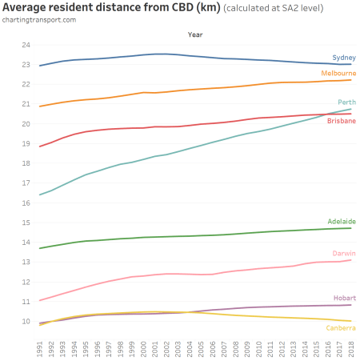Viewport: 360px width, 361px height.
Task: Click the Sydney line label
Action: [x=344, y=58]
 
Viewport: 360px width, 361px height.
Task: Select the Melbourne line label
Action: [x=339, y=73]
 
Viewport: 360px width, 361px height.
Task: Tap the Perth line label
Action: [x=346, y=102]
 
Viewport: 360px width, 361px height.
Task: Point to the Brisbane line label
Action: [x=342, y=121]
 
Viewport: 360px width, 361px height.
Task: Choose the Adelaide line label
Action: [x=342, y=221]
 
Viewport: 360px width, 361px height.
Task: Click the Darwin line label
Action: [x=344, y=252]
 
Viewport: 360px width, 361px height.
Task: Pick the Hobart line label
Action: [x=344, y=298]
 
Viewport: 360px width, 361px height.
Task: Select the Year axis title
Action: [x=194, y=35]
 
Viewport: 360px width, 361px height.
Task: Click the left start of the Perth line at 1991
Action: [x=40, y=195]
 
